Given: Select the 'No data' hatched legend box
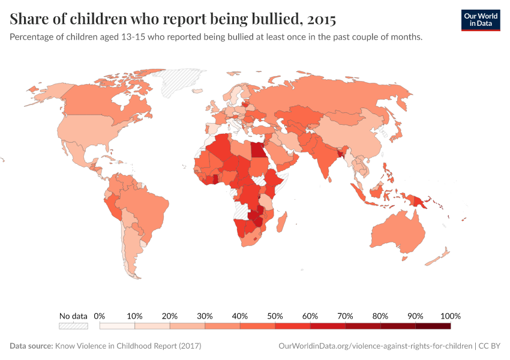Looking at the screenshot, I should [x=73, y=326].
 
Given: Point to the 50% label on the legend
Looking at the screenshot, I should [x=275, y=316].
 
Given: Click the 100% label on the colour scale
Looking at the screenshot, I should [x=450, y=316].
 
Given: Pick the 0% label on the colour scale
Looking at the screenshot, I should [x=100, y=316].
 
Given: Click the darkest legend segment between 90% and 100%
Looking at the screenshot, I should [x=433, y=326].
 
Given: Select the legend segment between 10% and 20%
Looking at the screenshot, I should [x=152, y=326].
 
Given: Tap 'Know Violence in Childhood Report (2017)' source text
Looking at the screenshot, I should [x=128, y=346].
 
